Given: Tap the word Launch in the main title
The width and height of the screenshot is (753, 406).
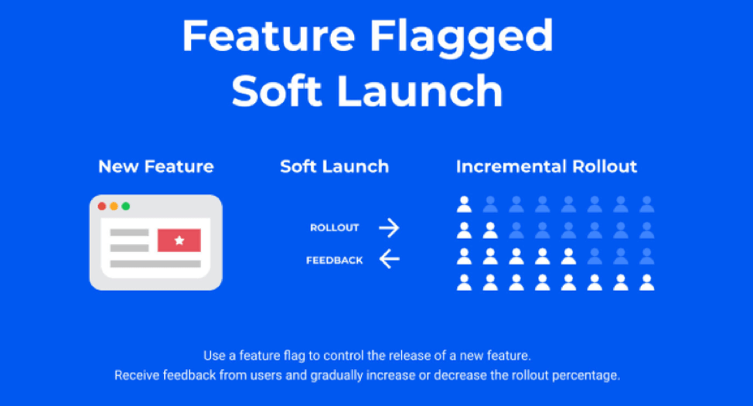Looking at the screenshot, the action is [x=421, y=90].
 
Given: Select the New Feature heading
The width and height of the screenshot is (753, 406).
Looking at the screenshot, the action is [x=156, y=166].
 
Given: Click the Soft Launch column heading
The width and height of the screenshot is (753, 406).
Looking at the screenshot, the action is [x=334, y=166].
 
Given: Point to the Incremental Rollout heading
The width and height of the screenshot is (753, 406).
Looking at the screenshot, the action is [x=547, y=166].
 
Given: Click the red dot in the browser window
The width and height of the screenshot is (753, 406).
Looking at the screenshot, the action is [x=102, y=206].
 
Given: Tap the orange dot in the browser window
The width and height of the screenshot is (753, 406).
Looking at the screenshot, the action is [x=114, y=206].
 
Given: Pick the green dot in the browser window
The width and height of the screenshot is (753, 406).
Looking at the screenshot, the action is [x=126, y=206].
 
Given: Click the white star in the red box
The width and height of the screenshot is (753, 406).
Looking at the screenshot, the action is [x=179, y=241].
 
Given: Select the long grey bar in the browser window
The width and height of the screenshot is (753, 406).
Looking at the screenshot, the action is [x=155, y=264].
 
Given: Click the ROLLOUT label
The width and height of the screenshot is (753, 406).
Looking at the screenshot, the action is [x=334, y=227].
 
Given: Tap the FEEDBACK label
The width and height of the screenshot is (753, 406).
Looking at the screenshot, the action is [x=334, y=261].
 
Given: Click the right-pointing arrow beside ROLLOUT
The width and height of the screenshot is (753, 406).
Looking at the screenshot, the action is [x=389, y=227].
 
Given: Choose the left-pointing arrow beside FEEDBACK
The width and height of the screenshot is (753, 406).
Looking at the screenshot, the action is [x=389, y=260].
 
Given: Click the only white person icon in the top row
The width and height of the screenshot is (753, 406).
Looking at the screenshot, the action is [x=464, y=204].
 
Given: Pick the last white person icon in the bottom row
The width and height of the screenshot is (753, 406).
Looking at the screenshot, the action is [x=647, y=282].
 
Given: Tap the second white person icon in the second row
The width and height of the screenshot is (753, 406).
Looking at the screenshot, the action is [x=490, y=230].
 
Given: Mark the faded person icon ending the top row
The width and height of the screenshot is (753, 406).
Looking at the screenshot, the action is [x=647, y=204].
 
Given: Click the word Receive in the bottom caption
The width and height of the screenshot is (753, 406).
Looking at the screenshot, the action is [x=137, y=375].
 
